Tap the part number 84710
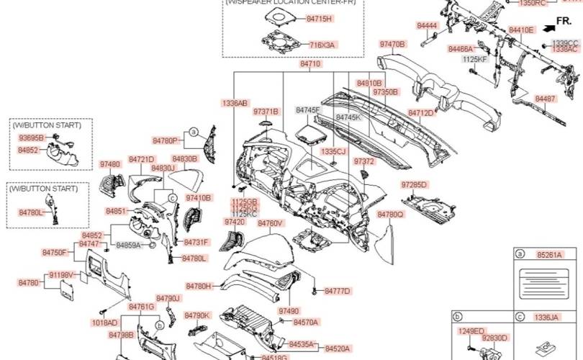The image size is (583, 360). point(310,64)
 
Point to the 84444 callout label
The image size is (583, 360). point(427,26)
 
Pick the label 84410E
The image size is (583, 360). point(521,30)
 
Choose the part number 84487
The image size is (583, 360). point(545,98)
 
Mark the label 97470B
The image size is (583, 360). point(393,44)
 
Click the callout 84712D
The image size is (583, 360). point(421,113)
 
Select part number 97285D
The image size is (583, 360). point(414,185)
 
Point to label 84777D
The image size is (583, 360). point(337,291)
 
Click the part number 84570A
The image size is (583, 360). point(306,322)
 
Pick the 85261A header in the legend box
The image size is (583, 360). point(549,255)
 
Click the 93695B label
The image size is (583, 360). point(31,137)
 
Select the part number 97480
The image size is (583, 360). point(110,165)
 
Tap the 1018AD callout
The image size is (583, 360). point(104,323)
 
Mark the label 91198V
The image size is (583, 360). point(63,275)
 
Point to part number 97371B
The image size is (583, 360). point(265,112)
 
